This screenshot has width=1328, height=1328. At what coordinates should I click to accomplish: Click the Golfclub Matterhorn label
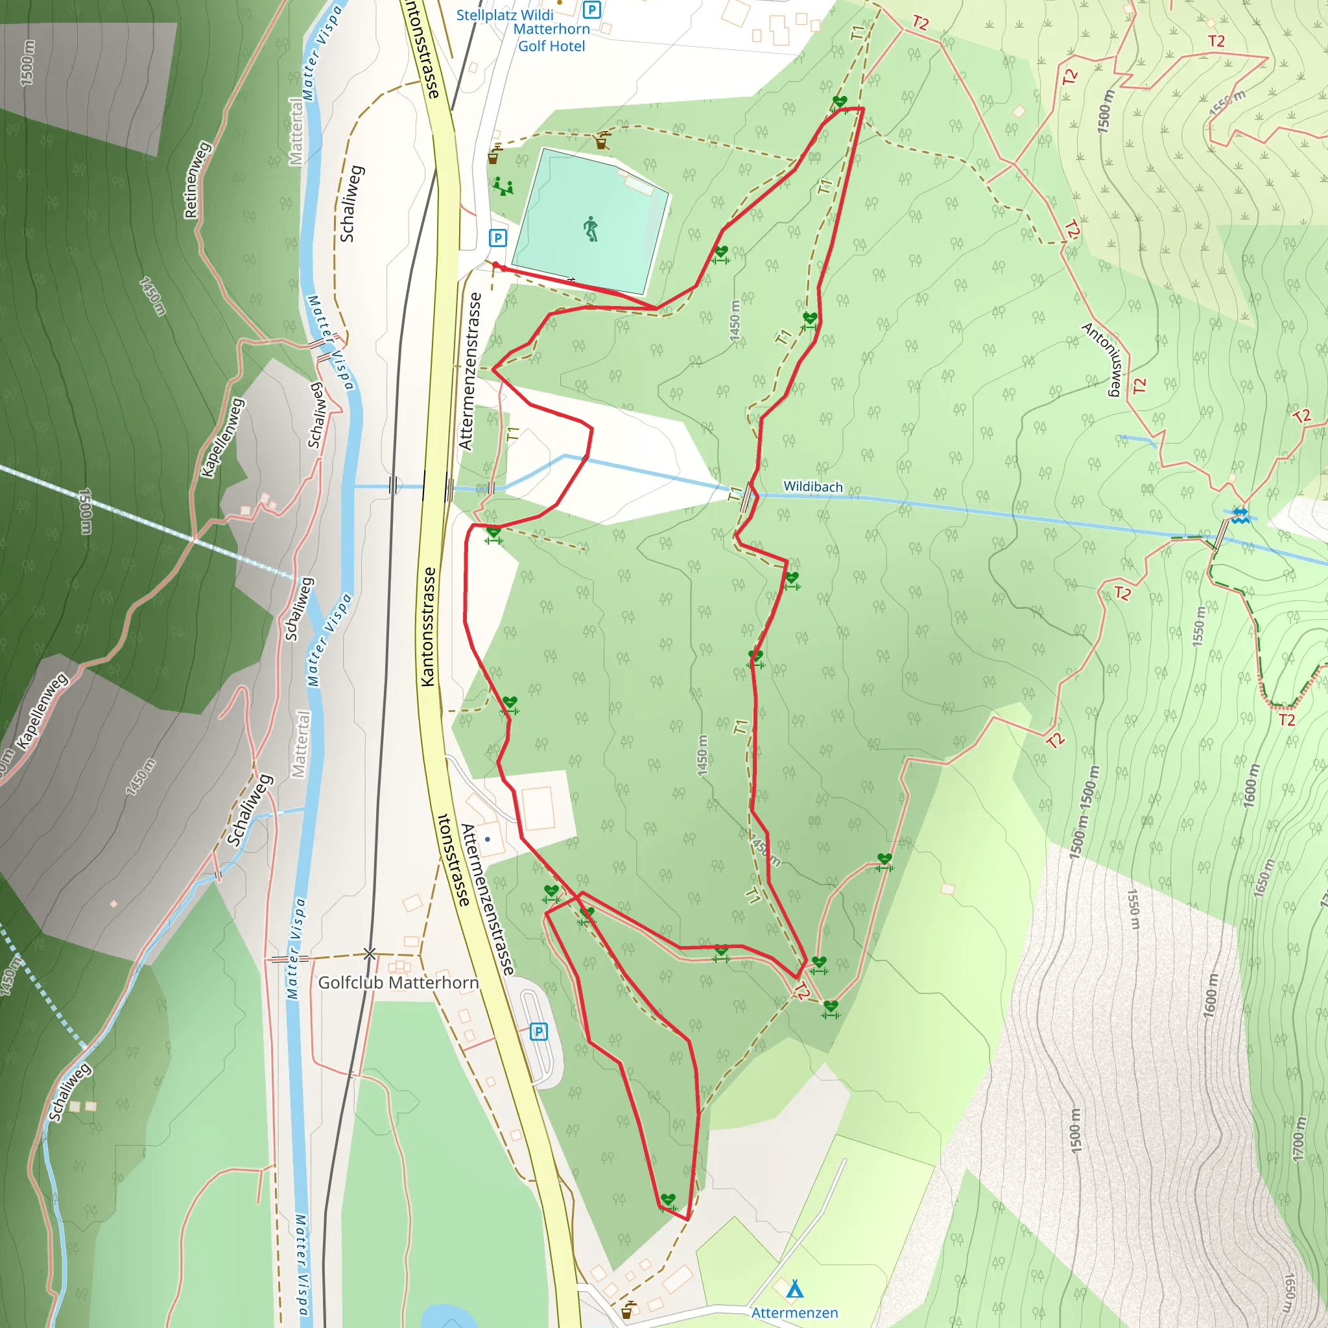tap(398, 982)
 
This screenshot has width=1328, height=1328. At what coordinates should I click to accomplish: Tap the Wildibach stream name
tap(812, 487)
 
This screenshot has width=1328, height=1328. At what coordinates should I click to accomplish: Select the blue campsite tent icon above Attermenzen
tap(794, 1288)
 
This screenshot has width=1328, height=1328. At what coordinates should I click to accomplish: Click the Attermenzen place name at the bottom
tap(794, 1312)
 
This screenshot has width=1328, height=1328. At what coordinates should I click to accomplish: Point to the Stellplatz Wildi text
tap(504, 14)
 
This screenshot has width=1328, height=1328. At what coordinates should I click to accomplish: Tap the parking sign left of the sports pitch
tap(497, 238)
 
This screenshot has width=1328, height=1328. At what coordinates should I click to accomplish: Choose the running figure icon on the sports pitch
tap(591, 229)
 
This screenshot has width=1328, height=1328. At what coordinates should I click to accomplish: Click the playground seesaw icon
tap(503, 186)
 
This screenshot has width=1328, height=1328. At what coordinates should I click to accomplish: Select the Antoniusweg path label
tap(1102, 359)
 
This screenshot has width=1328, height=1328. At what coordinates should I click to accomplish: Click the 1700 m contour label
tap(1298, 1140)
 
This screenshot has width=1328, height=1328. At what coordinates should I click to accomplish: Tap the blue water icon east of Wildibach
tap(1239, 516)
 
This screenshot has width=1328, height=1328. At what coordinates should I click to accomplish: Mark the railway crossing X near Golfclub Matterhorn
tap(370, 954)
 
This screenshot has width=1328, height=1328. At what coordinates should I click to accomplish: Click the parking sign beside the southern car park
tap(539, 1031)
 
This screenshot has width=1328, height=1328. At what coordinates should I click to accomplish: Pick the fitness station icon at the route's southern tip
tap(668, 1201)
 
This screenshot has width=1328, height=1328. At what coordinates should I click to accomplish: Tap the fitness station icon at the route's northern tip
tap(839, 103)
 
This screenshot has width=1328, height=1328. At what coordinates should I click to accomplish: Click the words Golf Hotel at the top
tap(551, 46)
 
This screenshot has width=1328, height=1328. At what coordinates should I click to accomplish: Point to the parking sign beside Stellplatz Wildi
tap(591, 10)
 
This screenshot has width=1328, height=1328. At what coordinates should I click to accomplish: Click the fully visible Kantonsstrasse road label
tap(428, 626)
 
